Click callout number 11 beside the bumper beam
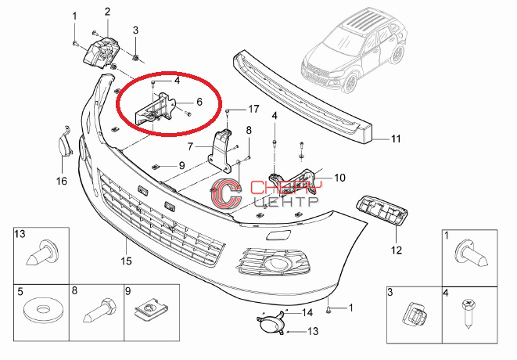click(x=396, y=139)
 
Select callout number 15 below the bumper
click(x=126, y=261)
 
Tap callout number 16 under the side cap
click(x=61, y=181)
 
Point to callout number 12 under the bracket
click(x=397, y=250)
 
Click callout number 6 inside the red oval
click(x=199, y=102)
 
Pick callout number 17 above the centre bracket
click(x=253, y=109)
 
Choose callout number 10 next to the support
click(x=339, y=178)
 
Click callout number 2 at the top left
click(x=107, y=12)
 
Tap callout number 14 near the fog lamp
click(x=307, y=312)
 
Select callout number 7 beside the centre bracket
click(x=190, y=146)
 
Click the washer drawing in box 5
click(x=41, y=310)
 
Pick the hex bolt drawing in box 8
click(x=99, y=311)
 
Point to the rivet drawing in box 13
click(x=43, y=253)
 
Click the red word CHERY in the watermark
click(x=285, y=188)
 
